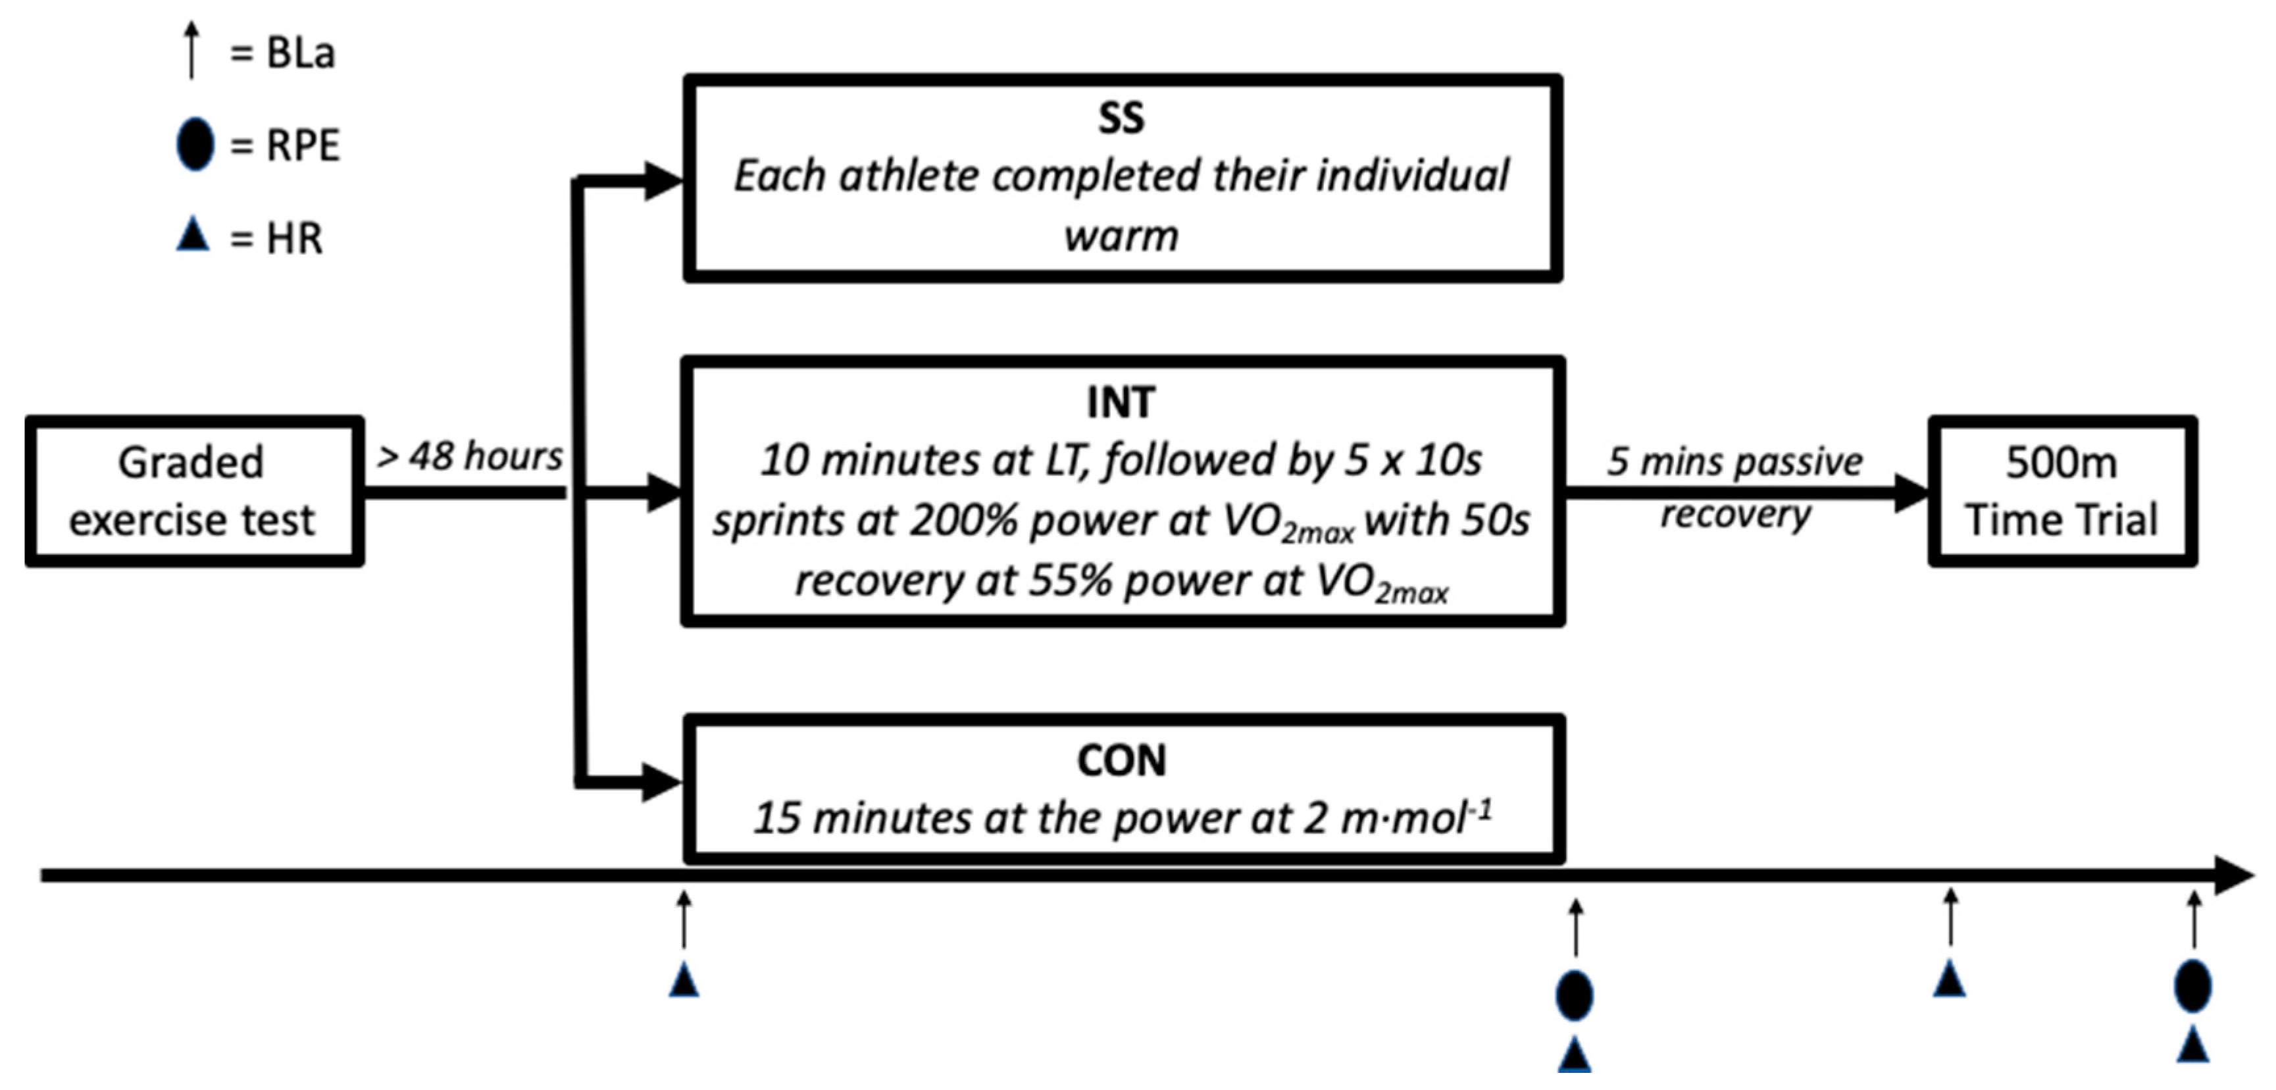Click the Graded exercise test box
pos(193,490)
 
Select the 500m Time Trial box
pos(2061,490)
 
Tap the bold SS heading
pos(1121,118)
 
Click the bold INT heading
pos(1121,403)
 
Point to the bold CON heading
pos(1121,760)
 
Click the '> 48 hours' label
pos(469,457)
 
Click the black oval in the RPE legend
pos(194,144)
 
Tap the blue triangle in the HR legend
pos(193,235)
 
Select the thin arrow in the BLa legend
pos(191,51)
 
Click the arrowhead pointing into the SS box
pos(663,181)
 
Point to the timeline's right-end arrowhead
pos(2235,875)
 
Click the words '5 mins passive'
pos(1734,461)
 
